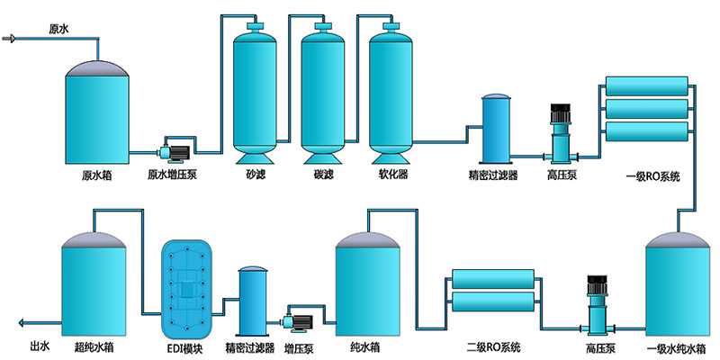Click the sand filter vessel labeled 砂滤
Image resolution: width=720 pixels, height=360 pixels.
tap(255, 90)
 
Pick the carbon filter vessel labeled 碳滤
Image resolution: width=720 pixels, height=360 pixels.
tap(322, 90)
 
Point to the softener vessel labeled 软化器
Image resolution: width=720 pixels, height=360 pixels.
tap(391, 90)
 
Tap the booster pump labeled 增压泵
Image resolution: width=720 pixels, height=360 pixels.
tap(297, 319)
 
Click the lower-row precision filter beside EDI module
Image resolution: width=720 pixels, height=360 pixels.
tap(252, 301)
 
